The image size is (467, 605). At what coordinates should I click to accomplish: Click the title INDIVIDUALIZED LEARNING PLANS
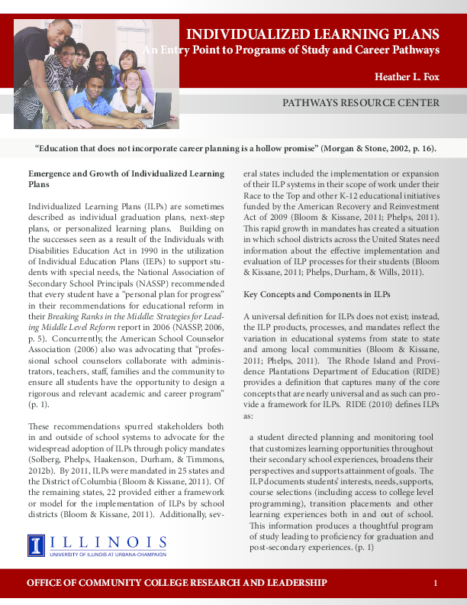(x=313, y=34)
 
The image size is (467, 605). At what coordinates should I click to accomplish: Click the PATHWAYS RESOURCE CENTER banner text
(x=361, y=103)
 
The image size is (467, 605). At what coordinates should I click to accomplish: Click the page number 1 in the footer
(x=435, y=584)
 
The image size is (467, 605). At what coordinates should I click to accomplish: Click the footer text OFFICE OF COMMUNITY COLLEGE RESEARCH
(x=177, y=584)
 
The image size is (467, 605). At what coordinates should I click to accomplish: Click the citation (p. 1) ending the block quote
(x=364, y=548)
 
